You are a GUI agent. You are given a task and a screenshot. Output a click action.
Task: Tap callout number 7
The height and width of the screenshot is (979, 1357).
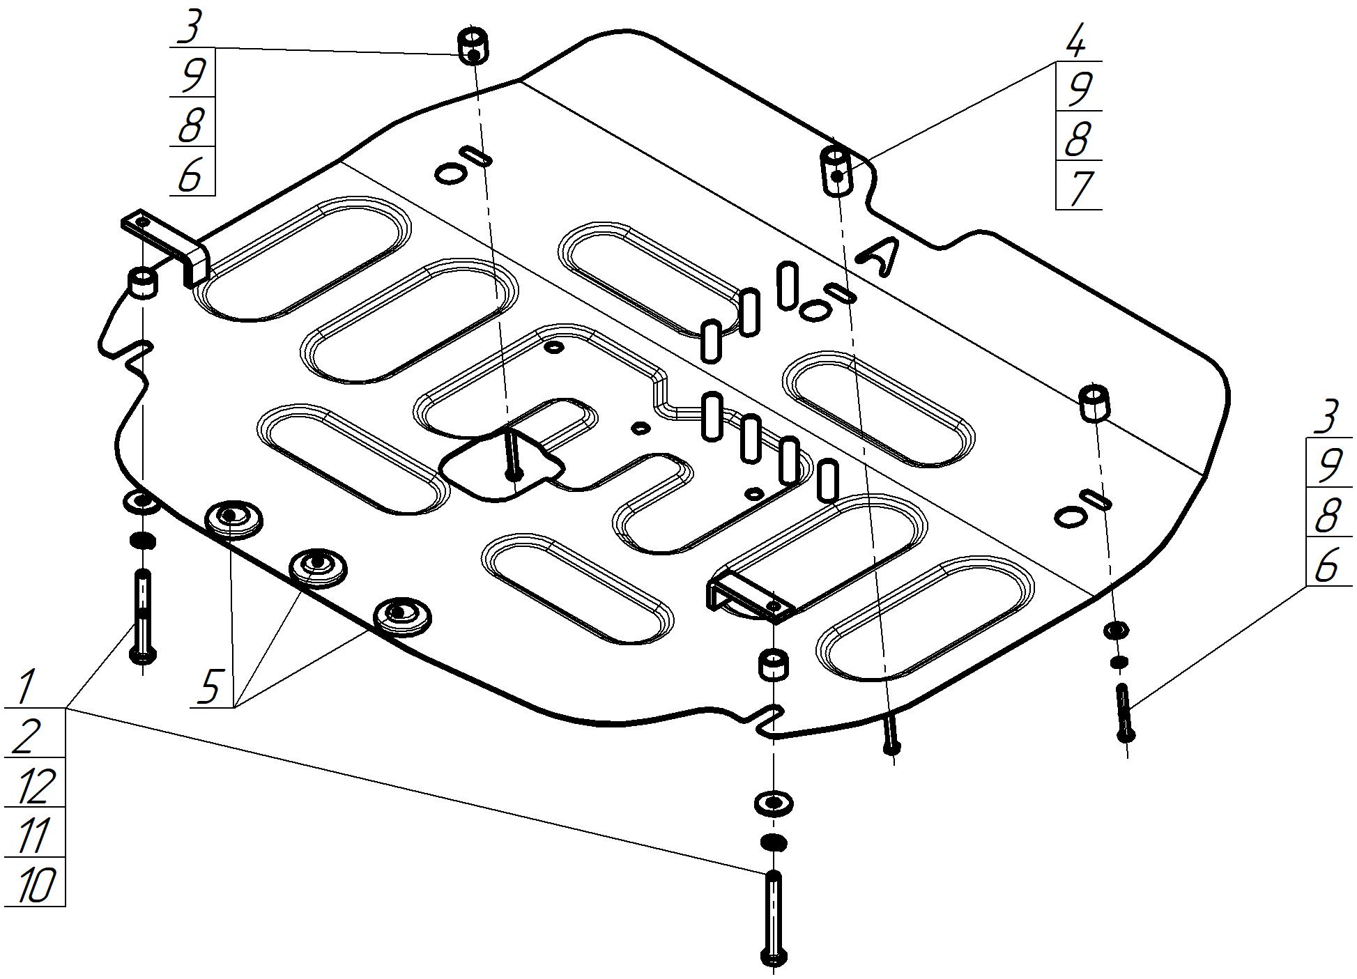(1078, 187)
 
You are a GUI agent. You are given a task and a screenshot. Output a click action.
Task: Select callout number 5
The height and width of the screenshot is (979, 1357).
(210, 686)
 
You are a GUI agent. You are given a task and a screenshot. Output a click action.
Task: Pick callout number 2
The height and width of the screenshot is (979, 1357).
(26, 734)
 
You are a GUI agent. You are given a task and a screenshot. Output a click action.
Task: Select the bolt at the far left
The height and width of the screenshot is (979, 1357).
(142, 617)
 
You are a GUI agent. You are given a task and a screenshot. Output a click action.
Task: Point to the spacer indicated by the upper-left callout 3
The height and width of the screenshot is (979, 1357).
(473, 46)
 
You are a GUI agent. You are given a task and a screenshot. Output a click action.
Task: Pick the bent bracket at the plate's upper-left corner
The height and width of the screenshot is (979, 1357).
(167, 244)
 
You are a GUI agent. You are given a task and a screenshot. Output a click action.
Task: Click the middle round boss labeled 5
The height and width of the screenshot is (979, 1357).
(318, 566)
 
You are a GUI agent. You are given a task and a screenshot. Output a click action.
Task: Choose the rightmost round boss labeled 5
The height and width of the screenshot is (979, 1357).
(401, 615)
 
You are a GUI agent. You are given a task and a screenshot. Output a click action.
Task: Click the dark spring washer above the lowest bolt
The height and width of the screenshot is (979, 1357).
(773, 842)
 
